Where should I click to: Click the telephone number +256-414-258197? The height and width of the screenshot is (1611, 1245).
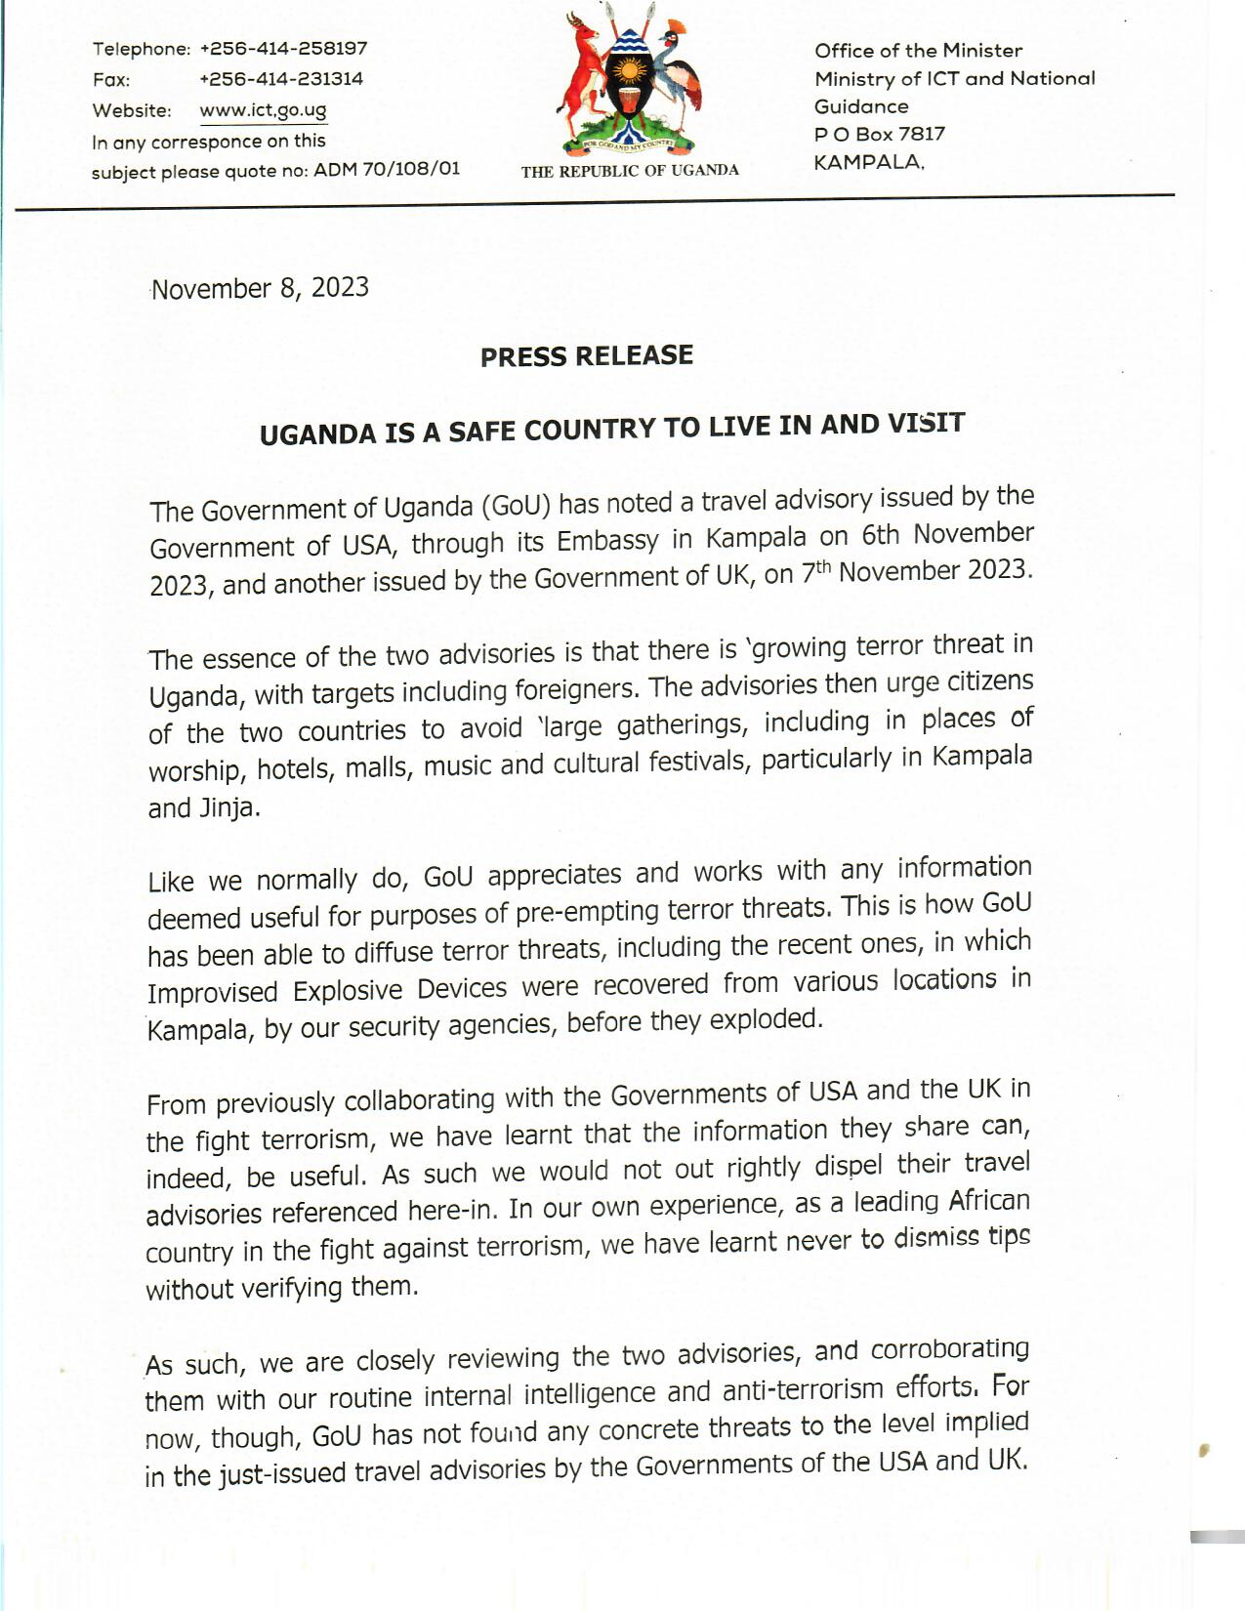[x=283, y=48]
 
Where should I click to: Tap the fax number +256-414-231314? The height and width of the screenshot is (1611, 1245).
[x=281, y=78]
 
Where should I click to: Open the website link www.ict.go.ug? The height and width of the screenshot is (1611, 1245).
[x=263, y=109]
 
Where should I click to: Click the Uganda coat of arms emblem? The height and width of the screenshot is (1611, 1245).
[x=630, y=83]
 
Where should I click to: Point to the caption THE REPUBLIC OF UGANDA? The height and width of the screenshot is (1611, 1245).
[x=630, y=171]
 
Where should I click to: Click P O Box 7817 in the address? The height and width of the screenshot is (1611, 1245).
[x=880, y=134]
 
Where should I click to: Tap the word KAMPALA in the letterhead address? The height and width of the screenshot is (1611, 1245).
[x=867, y=162]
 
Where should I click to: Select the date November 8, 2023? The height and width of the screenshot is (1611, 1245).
[x=261, y=288]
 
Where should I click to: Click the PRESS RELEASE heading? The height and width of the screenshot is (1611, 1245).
[x=587, y=355]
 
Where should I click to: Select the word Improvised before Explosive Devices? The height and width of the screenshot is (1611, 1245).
[x=213, y=992]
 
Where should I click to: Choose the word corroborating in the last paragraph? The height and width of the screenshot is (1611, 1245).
[x=949, y=1349]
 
